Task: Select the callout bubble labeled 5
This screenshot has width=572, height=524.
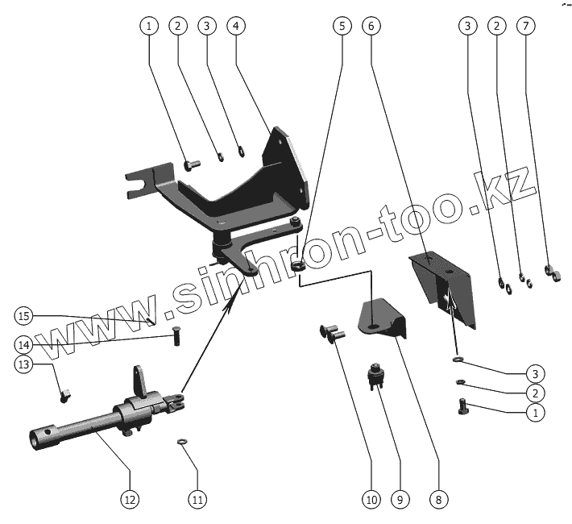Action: (x=342, y=26)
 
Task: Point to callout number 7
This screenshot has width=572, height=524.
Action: (x=526, y=26)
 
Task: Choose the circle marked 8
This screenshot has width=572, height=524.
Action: (x=437, y=500)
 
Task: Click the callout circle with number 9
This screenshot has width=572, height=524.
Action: (x=398, y=500)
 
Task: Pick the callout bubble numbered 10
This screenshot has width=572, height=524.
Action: (x=370, y=500)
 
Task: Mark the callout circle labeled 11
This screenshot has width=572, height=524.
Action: (x=198, y=500)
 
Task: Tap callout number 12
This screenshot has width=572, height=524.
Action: (x=129, y=500)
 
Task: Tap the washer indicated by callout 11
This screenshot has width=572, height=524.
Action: (x=181, y=442)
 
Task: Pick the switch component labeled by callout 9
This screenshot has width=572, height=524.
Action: (x=375, y=377)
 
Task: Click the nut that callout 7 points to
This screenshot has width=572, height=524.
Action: (x=554, y=274)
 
